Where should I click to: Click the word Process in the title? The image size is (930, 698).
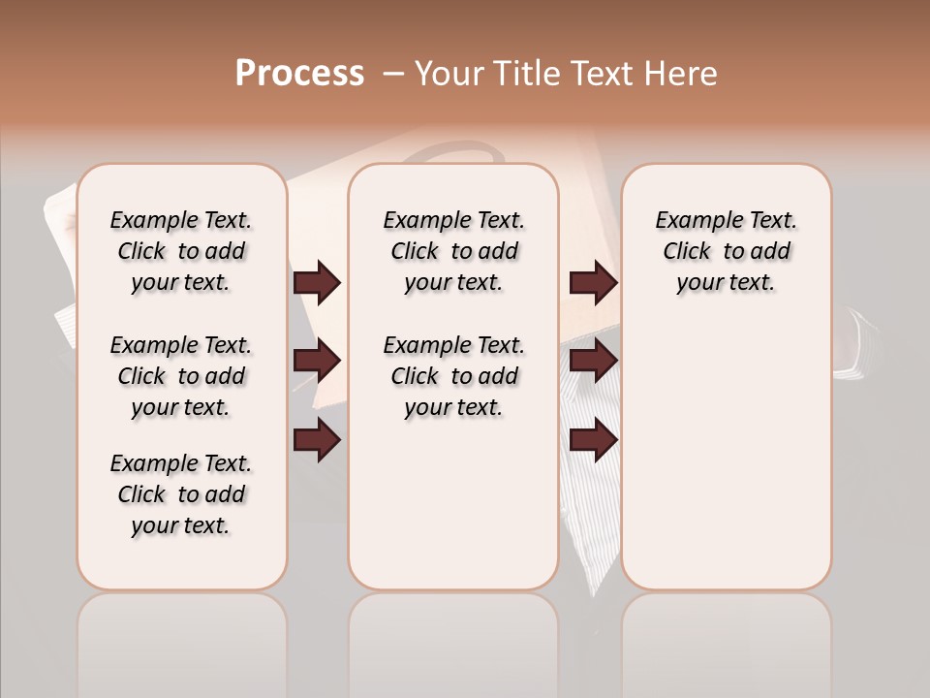click(299, 74)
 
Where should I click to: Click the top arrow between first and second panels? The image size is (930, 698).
click(317, 282)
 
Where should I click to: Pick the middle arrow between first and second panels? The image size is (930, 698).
click(317, 362)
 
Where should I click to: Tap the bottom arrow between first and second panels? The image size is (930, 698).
click(317, 441)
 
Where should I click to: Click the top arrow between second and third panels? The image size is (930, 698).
click(593, 282)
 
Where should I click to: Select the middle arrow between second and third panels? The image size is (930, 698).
click(593, 362)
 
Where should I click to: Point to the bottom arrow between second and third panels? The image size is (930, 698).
click(593, 441)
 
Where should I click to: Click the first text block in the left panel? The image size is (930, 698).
click(181, 251)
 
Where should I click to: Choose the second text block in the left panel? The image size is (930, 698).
click(181, 376)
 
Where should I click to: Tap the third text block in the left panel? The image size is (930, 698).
click(181, 494)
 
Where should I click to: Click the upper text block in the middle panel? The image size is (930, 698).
click(454, 251)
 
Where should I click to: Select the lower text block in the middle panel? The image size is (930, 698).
click(454, 376)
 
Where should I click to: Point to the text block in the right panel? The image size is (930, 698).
click(727, 251)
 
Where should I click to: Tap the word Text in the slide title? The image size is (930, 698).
click(601, 74)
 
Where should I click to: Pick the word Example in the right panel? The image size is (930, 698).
click(691, 221)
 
